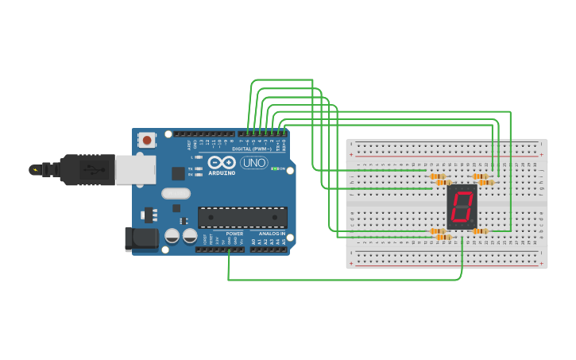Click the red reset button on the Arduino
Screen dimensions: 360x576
point(147,141)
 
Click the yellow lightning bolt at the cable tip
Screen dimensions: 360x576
point(33,169)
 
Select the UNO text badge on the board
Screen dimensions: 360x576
point(254,163)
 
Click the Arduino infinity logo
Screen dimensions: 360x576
point(222,162)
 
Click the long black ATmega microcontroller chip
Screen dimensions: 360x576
point(242,217)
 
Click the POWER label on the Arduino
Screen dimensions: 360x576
point(234,234)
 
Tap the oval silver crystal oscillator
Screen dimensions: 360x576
point(176,193)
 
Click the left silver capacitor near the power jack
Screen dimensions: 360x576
point(172,236)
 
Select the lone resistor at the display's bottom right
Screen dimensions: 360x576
point(479,231)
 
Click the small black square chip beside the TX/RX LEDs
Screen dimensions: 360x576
point(177,172)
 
